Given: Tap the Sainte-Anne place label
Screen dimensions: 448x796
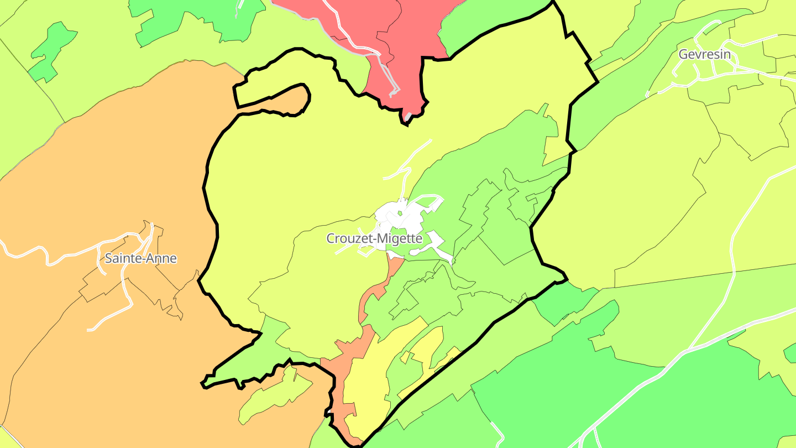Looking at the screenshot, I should click(140, 258).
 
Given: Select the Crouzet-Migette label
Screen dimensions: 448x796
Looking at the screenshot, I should click(374, 239).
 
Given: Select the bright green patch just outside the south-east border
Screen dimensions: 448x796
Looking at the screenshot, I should click(564, 301).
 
